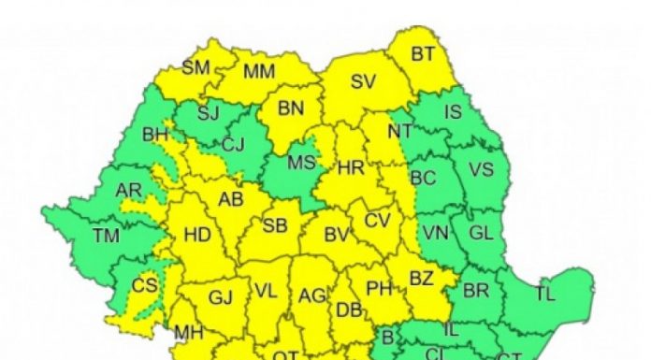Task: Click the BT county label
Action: (x=423, y=54)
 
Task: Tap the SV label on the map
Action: (x=363, y=81)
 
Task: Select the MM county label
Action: (x=259, y=72)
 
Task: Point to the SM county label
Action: (x=196, y=67)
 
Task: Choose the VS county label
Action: (x=481, y=170)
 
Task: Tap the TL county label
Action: (x=544, y=294)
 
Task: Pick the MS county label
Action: (x=300, y=163)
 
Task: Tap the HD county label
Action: (x=197, y=237)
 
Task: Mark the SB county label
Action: (x=274, y=226)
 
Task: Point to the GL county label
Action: (x=480, y=232)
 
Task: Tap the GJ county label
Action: (x=220, y=298)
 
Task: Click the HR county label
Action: (x=350, y=168)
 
